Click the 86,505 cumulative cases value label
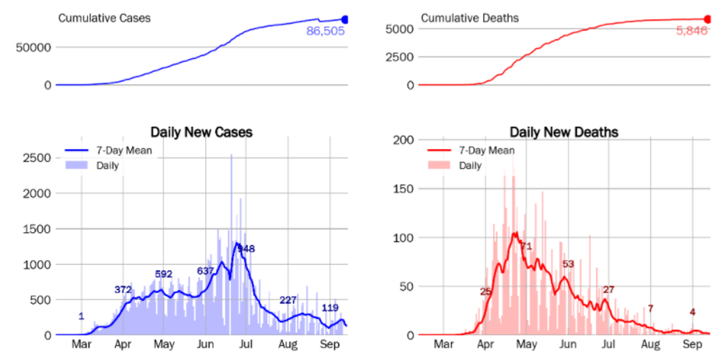click(325, 31)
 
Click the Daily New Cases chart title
click(201, 133)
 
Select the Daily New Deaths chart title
click(564, 133)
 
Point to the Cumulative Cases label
click(105, 17)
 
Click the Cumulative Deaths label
click(469, 17)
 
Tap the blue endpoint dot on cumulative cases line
click(345, 20)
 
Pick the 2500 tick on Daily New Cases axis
click(35, 158)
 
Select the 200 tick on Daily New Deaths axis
click(404, 140)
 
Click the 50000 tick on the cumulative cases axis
click(32, 48)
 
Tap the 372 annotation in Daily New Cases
click(123, 289)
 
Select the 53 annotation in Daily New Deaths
click(568, 264)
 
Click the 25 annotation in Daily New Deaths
click(485, 292)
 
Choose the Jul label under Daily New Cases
click(246, 345)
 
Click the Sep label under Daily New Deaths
click(692, 345)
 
